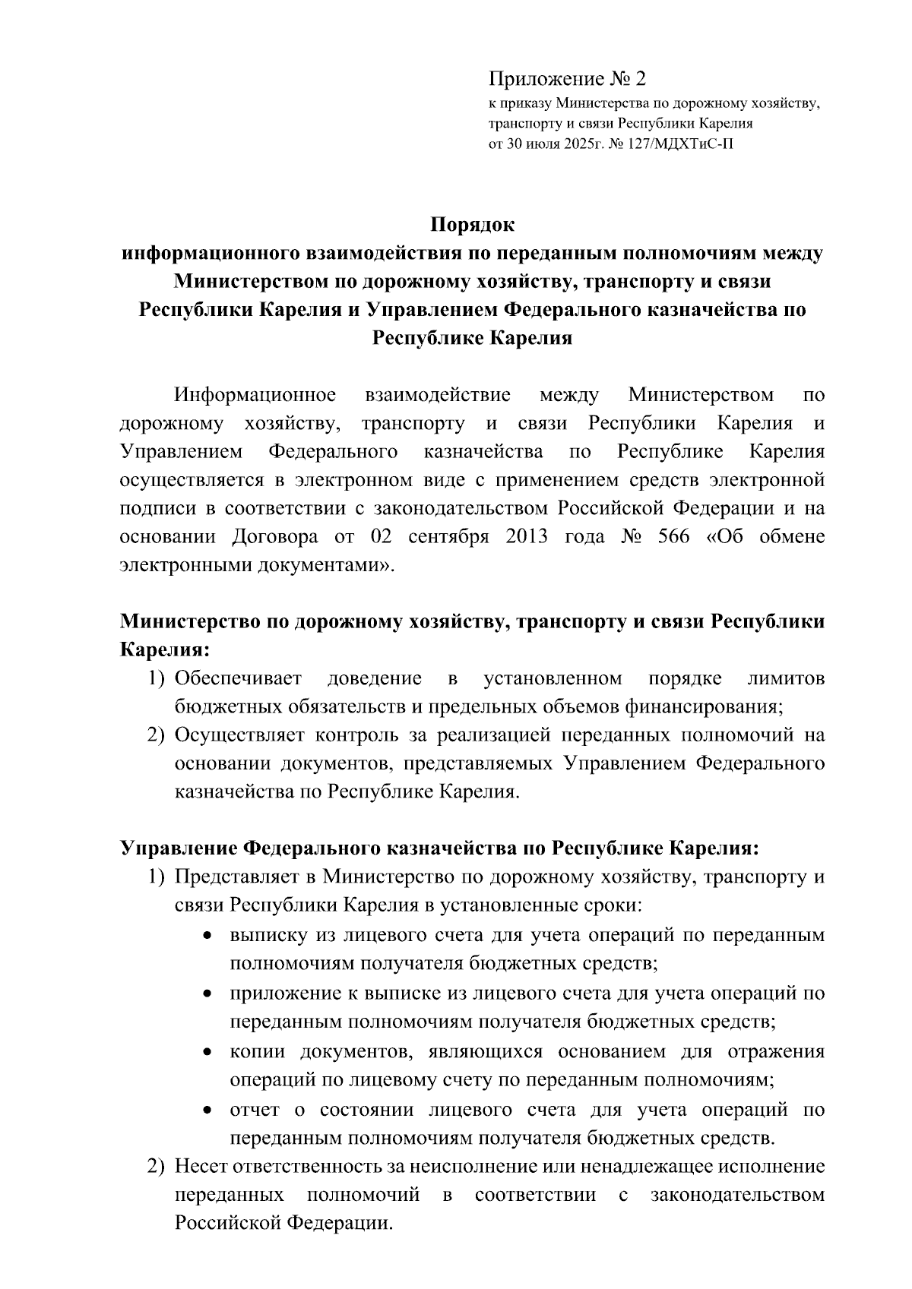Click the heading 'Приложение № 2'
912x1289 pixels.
click(567, 79)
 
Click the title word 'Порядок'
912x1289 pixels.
click(472, 226)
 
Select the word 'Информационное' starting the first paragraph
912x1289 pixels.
click(255, 395)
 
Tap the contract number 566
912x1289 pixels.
click(673, 537)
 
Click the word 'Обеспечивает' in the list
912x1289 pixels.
click(238, 678)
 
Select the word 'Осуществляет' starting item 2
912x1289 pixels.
click(239, 735)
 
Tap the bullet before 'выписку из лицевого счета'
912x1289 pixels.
click(207, 937)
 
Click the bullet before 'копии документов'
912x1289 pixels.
click(207, 1052)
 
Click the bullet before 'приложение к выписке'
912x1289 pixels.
click(207, 994)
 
